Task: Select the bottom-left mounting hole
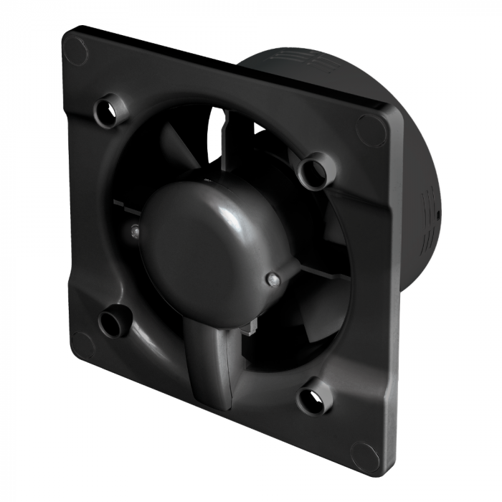[112, 323]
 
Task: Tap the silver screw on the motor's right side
[272, 278]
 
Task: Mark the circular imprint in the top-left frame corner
[75, 49]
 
